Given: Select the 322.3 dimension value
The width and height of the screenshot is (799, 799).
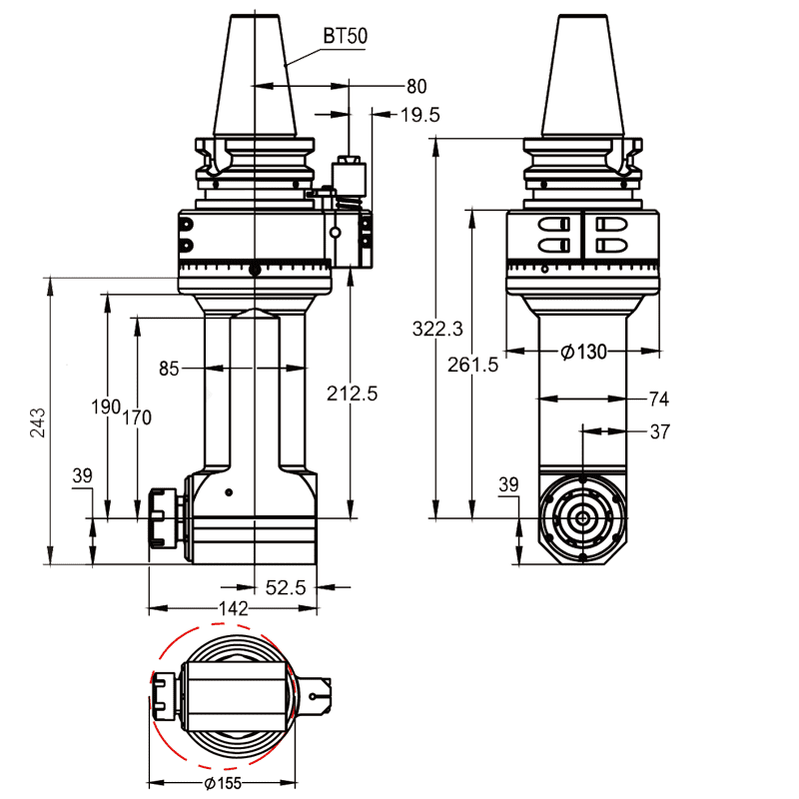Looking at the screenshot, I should (437, 329).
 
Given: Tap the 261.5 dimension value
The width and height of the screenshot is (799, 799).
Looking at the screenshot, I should (472, 365).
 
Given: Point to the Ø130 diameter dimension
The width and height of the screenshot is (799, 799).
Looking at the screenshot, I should (584, 352).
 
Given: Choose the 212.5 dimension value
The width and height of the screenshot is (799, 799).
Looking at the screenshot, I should (352, 394).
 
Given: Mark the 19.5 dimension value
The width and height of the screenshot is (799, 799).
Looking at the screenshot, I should (419, 115).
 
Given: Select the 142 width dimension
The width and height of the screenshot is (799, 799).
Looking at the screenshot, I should (233, 609).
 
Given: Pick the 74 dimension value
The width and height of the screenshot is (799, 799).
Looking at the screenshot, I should (658, 399).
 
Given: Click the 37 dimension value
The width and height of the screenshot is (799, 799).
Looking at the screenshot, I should (658, 431).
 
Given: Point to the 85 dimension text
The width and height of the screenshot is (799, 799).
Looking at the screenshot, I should (169, 369).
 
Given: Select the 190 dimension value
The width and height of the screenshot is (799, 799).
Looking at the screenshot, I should (106, 406).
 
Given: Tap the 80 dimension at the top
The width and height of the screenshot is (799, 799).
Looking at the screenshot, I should (416, 86).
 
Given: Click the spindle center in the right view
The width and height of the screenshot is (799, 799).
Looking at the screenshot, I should (581, 518).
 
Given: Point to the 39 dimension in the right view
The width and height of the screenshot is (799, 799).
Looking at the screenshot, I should (508, 484).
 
